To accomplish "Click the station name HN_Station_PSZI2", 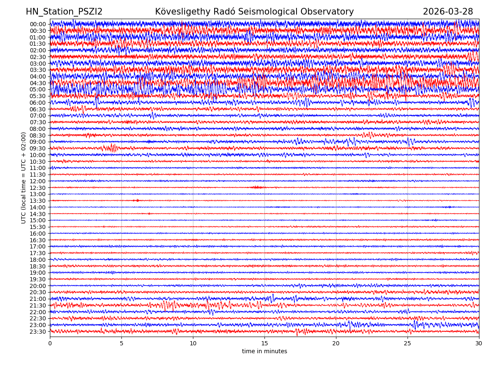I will coord(64,12).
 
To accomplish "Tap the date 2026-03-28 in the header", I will coord(448,12).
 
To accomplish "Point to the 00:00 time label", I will coord(38,24).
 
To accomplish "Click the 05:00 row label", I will coord(38,89).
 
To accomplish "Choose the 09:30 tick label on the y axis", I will coord(38,148).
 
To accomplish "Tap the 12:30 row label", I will coord(38,188).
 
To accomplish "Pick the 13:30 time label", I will coord(38,201).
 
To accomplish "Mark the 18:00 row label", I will coord(38,260).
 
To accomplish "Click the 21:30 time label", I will coord(38,305).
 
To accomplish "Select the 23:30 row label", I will coord(38,332).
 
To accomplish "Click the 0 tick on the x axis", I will coord(50,344).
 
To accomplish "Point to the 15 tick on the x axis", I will coord(264,344).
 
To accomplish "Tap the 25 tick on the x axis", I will coord(408,344).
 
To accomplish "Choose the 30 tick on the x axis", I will coord(479,344).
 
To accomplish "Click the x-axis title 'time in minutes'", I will coord(264,352).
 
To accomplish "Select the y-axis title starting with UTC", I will coord(24,178).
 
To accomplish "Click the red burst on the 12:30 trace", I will coord(257,187).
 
